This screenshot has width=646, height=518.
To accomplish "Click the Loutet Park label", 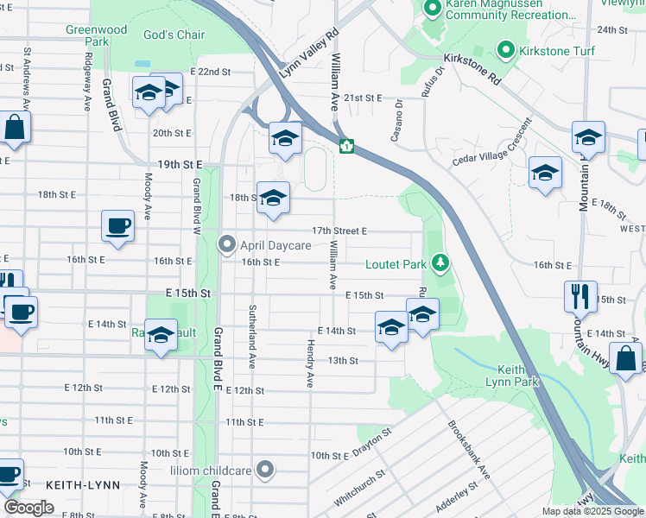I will pyautogui.click(x=396, y=263).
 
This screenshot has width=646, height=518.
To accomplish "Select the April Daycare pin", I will pyautogui.click(x=227, y=245).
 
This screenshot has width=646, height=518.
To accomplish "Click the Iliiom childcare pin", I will pyautogui.click(x=265, y=471).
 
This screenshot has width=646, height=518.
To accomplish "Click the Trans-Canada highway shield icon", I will pyautogui.click(x=345, y=147).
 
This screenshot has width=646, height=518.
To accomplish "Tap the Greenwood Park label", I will pyautogui.click(x=97, y=35).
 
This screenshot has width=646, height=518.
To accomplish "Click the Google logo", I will pyautogui.click(x=28, y=508).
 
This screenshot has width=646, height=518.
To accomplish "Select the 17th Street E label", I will pyautogui.click(x=340, y=231).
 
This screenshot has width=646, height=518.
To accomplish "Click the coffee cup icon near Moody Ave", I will pyautogui.click(x=118, y=226).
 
